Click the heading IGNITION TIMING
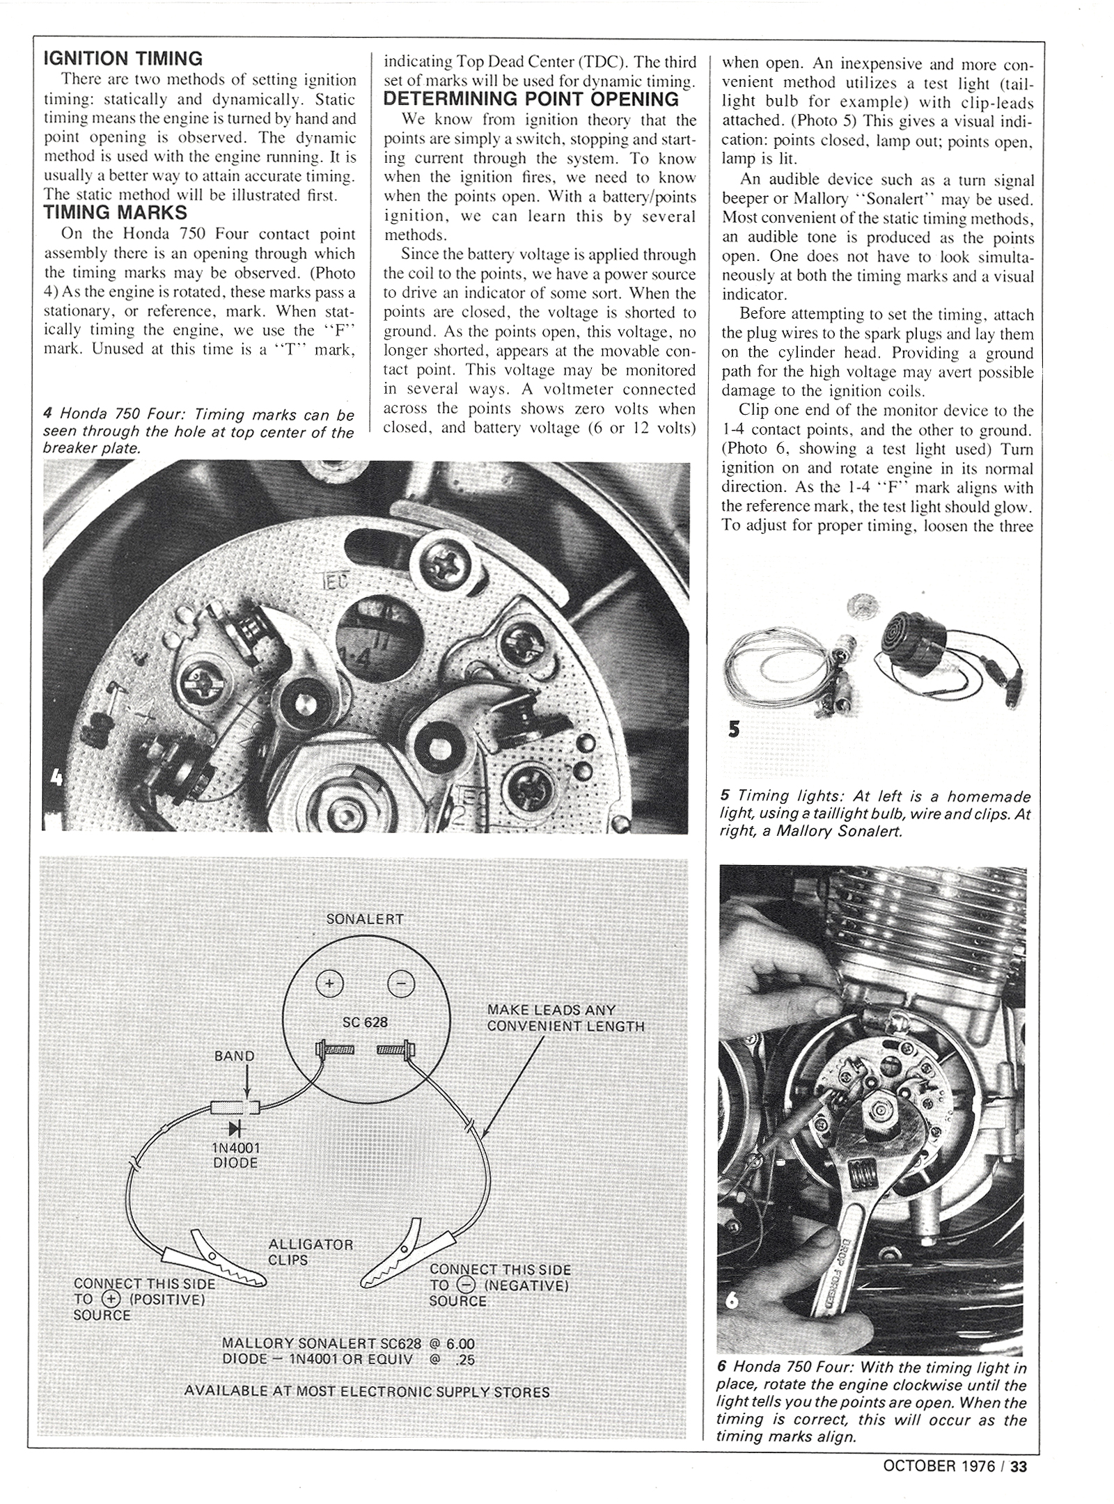[x=123, y=58]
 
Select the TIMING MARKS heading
[x=115, y=212]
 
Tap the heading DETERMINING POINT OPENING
[x=531, y=100]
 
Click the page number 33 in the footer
[x=1019, y=1466]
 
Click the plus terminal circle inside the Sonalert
[x=329, y=984]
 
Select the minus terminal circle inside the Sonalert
[x=401, y=984]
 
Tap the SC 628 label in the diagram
[x=366, y=1022]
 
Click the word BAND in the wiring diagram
[x=235, y=1056]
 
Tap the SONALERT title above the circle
[x=365, y=919]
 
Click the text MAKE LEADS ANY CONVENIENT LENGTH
[x=565, y=1018]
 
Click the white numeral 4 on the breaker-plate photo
[x=56, y=777]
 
